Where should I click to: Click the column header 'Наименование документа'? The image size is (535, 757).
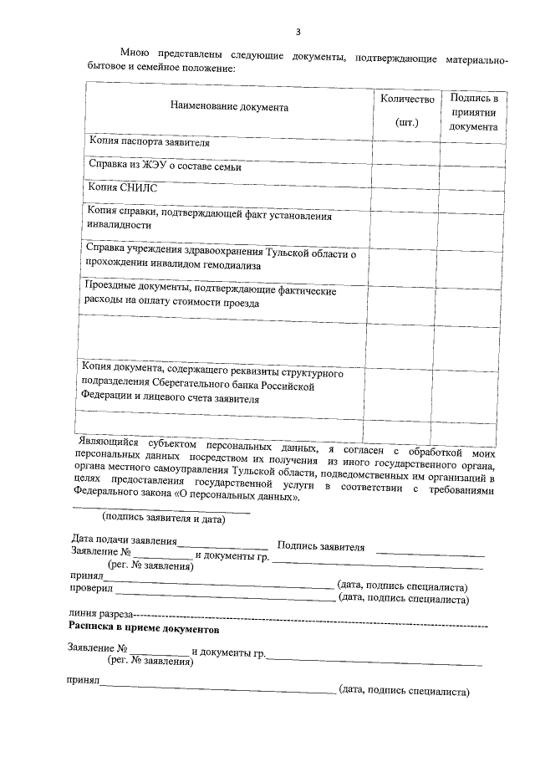coord(229,107)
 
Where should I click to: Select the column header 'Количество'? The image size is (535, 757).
coord(407,99)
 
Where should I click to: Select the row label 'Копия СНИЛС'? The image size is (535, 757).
coord(122,188)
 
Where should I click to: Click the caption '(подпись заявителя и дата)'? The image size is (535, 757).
coord(152,518)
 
